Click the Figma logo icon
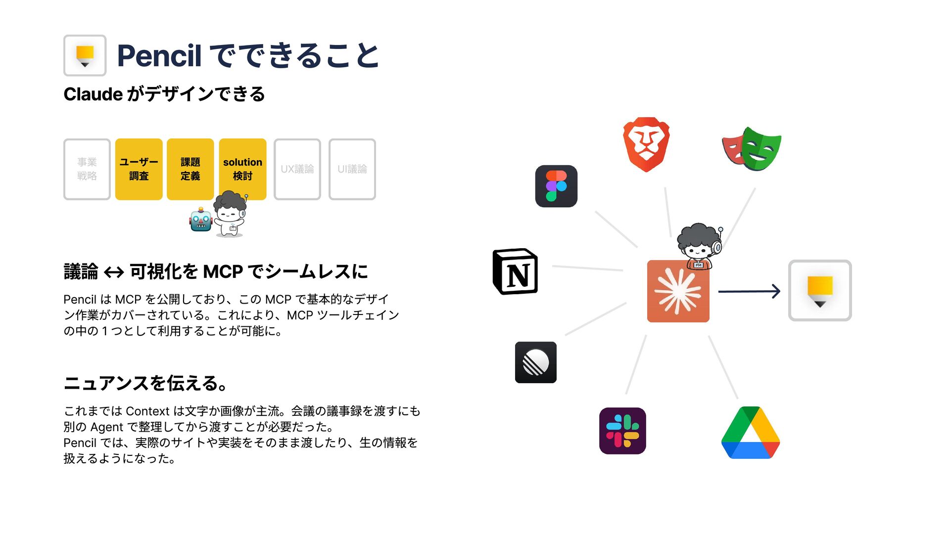[x=556, y=186]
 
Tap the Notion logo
[x=515, y=271]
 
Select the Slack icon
[x=622, y=431]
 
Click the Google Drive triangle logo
[x=751, y=433]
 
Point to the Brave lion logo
[x=646, y=144]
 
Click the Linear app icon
[x=536, y=362]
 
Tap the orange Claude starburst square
[x=678, y=291]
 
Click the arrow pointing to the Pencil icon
[x=749, y=291]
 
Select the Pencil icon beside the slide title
[x=85, y=55]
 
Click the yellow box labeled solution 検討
[x=242, y=169]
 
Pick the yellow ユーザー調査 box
[x=139, y=169]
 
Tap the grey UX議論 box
[x=297, y=169]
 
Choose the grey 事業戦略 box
[x=87, y=169]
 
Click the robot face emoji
[x=201, y=220]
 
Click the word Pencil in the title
[x=159, y=55]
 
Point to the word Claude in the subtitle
[x=93, y=94]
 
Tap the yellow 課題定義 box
[x=190, y=169]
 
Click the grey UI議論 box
[x=352, y=169]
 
